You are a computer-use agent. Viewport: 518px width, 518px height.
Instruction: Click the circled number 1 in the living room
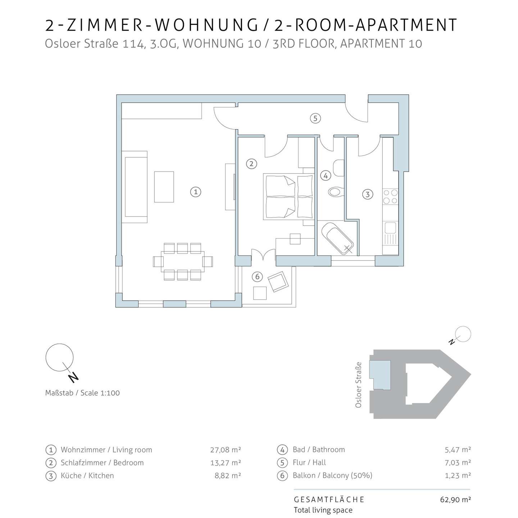coord(195,192)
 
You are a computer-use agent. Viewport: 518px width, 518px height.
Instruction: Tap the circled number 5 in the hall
coord(315,118)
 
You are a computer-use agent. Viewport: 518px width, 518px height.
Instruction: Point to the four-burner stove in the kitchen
coord(390,196)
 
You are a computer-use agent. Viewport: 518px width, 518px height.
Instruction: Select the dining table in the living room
coord(182,261)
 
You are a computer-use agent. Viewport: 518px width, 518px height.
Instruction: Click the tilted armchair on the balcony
coord(278,281)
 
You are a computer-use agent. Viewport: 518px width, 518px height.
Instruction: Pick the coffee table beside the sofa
coord(164,187)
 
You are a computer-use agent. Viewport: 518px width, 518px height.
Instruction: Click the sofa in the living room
coord(135,187)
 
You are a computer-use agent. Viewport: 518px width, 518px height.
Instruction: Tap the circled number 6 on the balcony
coord(257,277)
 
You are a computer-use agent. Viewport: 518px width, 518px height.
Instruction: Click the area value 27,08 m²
coord(226,450)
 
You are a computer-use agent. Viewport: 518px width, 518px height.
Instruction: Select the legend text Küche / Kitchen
coord(87,476)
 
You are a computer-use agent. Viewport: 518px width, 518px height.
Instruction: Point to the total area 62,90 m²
coord(455,499)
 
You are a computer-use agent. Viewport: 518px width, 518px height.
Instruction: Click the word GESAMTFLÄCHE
coord(329,499)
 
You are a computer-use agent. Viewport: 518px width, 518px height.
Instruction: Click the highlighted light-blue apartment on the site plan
coord(380,375)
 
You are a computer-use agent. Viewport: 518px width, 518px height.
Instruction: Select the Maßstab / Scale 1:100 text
coord(82,393)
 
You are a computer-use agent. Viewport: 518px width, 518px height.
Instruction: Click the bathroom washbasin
coord(339,168)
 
